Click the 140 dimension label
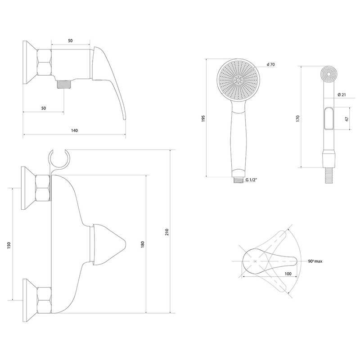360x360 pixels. (x=74, y=130)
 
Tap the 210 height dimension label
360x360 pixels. (x=167, y=232)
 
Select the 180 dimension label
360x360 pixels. (x=143, y=244)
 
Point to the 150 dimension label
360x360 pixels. (x=9, y=245)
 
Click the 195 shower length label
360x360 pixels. (x=203, y=118)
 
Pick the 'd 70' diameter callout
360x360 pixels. (x=271, y=64)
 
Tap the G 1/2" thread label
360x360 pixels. (x=251, y=180)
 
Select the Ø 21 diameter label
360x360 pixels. (x=342, y=94)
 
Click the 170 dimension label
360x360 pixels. (x=298, y=118)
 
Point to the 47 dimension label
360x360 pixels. (x=346, y=119)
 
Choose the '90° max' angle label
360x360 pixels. (x=315, y=261)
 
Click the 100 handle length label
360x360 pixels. (x=288, y=274)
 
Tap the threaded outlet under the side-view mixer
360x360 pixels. (x=64, y=85)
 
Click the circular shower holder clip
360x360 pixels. (x=59, y=159)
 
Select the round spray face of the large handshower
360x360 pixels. (x=238, y=80)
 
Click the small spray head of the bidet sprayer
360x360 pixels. (x=329, y=74)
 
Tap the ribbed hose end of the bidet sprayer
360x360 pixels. (x=329, y=175)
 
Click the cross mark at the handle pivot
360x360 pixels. (x=255, y=261)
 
